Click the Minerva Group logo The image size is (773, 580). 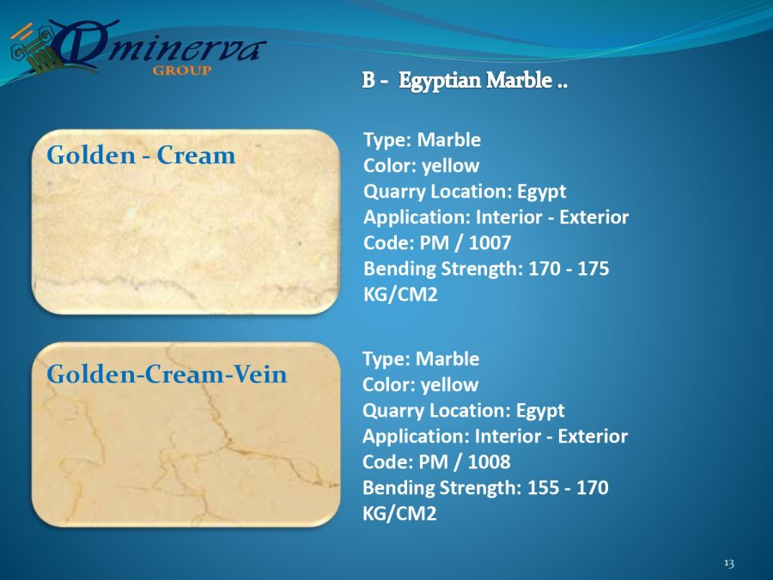coord(137,48)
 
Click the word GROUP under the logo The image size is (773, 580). coord(182,70)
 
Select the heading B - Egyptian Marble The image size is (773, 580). coord(465,81)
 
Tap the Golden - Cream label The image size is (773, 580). coord(141,156)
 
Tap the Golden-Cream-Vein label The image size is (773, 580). coord(167,374)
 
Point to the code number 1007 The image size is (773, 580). coord(490,242)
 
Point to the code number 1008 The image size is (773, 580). coord(489,461)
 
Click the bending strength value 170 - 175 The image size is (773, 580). coord(569,269)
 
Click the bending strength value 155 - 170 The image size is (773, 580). coord(568,488)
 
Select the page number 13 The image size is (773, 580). coord(729,563)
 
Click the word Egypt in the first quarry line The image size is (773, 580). coord(541,192)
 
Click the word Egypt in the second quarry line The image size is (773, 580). coord(540,411)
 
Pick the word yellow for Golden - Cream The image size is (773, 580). coord(451,166)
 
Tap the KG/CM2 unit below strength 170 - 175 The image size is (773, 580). coord(400,295)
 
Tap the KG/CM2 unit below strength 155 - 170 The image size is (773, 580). coord(399,514)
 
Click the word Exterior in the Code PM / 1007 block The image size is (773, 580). coord(594,217)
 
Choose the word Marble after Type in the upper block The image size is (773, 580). coord(448,139)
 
